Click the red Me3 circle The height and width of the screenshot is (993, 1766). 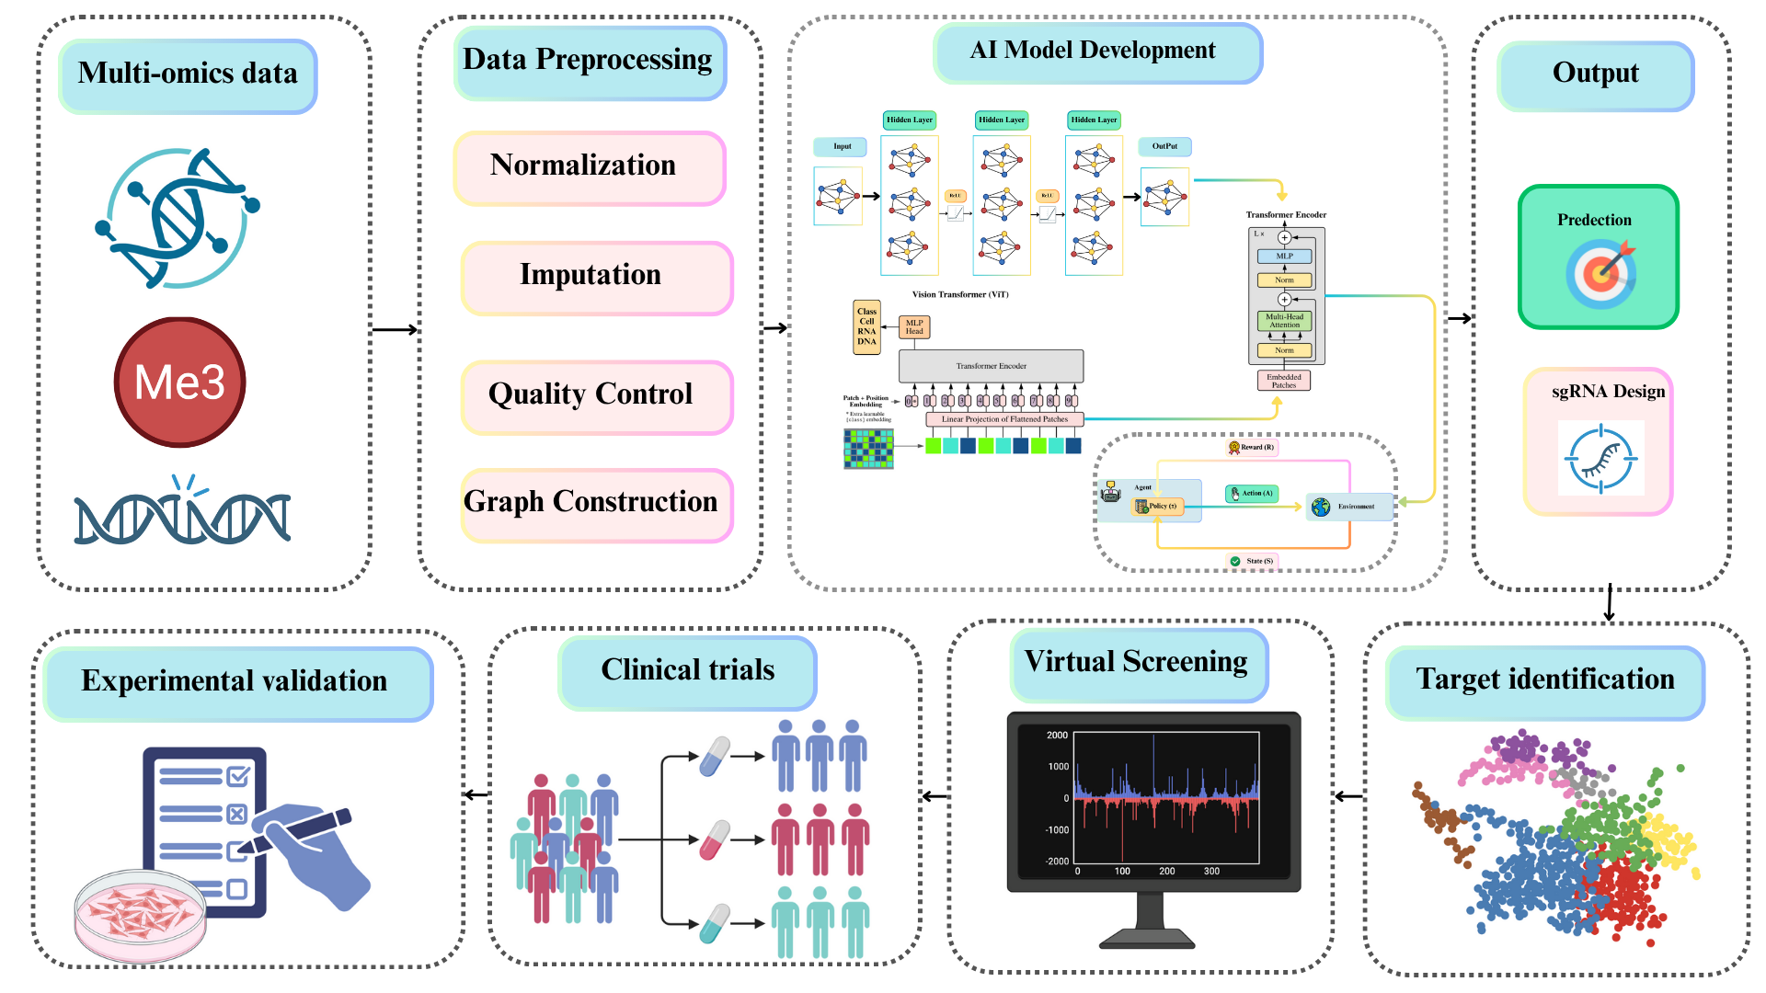tap(180, 382)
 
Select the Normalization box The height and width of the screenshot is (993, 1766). tap(590, 166)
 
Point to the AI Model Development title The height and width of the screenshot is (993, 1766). tap(1095, 51)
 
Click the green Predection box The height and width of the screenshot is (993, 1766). tap(1598, 257)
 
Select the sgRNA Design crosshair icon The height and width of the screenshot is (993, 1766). tap(1600, 458)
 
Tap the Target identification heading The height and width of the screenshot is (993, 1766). tap(1544, 680)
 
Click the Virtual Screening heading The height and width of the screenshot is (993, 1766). tap(1137, 663)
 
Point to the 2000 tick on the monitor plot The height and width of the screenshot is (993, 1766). tap(1057, 736)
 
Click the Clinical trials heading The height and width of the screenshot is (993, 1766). tap(687, 671)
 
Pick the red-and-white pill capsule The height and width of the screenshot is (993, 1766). tap(715, 839)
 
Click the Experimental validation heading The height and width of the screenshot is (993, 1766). tap(235, 682)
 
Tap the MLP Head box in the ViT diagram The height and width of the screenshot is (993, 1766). tap(913, 327)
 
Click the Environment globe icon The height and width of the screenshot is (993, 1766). tap(1321, 507)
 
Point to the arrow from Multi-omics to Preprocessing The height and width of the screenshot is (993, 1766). tap(395, 329)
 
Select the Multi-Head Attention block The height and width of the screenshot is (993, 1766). tap(1284, 321)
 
